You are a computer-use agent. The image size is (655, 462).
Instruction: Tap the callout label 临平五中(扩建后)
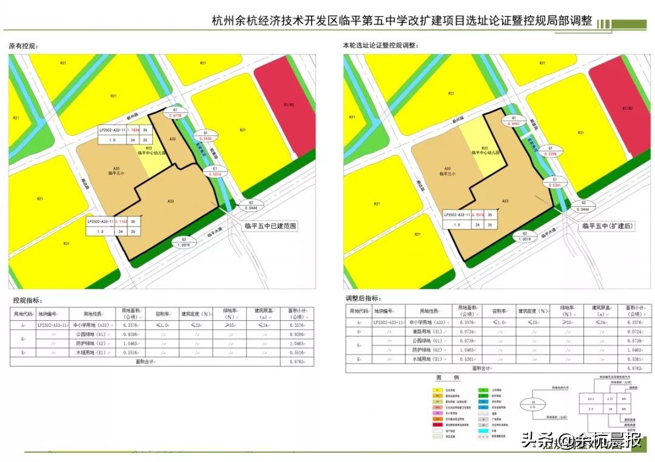tap(607, 226)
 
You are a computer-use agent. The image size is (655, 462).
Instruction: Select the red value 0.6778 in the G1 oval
tap(174, 115)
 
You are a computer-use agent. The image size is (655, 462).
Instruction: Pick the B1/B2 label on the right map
tap(627, 108)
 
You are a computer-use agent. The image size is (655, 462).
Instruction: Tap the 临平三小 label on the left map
tap(115, 173)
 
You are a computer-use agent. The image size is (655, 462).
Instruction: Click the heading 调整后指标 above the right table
tap(364, 298)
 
